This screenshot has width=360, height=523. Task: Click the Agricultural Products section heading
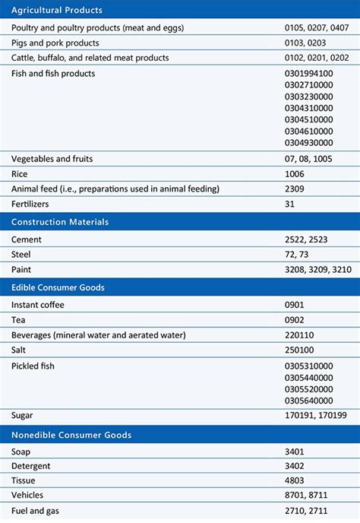57,11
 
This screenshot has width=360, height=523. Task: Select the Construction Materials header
59,222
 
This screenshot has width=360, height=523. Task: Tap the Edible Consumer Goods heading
58,287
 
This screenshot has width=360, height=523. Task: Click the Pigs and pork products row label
55,43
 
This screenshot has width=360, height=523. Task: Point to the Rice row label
20,173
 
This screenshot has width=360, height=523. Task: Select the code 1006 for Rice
295,173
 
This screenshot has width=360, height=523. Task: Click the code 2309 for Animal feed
295,189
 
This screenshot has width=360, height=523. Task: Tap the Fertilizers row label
31,204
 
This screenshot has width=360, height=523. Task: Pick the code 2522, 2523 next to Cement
308,239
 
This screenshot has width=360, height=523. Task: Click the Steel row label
21,255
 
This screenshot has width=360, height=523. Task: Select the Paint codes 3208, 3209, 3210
319,270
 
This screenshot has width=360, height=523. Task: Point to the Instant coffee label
38,305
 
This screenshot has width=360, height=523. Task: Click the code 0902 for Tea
295,320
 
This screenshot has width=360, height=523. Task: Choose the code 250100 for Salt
300,350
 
